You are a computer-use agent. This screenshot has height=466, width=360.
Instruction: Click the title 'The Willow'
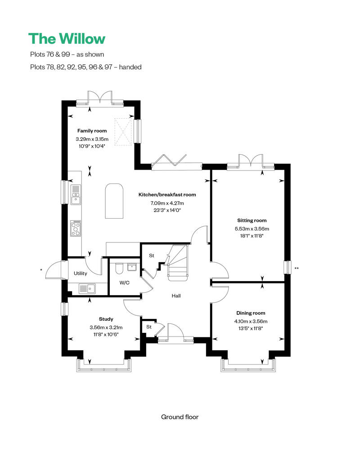(x=67, y=39)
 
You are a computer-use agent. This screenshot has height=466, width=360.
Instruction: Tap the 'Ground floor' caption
(x=180, y=417)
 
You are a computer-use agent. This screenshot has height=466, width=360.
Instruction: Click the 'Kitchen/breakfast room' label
(x=167, y=195)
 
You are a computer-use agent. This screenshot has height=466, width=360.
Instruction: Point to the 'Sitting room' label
(x=252, y=220)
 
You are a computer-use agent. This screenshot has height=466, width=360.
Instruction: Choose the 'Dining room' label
(x=251, y=313)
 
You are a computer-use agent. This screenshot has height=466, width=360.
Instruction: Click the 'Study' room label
(x=106, y=319)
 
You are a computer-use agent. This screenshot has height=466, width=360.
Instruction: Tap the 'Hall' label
(x=176, y=296)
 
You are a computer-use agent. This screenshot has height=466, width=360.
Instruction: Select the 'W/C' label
(x=125, y=283)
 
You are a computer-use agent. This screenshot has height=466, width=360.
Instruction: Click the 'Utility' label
(x=81, y=273)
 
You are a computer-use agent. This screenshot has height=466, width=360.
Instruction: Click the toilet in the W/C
(x=119, y=269)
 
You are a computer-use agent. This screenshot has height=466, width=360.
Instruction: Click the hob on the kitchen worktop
(x=76, y=228)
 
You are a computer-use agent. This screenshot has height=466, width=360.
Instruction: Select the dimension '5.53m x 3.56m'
(x=252, y=229)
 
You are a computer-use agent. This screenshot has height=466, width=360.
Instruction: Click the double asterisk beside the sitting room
(x=297, y=269)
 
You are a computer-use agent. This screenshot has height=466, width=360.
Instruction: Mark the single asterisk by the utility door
(x=41, y=269)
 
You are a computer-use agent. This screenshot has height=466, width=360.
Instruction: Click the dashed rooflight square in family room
(x=124, y=132)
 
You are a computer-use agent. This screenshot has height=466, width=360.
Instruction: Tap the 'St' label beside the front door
(x=148, y=327)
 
